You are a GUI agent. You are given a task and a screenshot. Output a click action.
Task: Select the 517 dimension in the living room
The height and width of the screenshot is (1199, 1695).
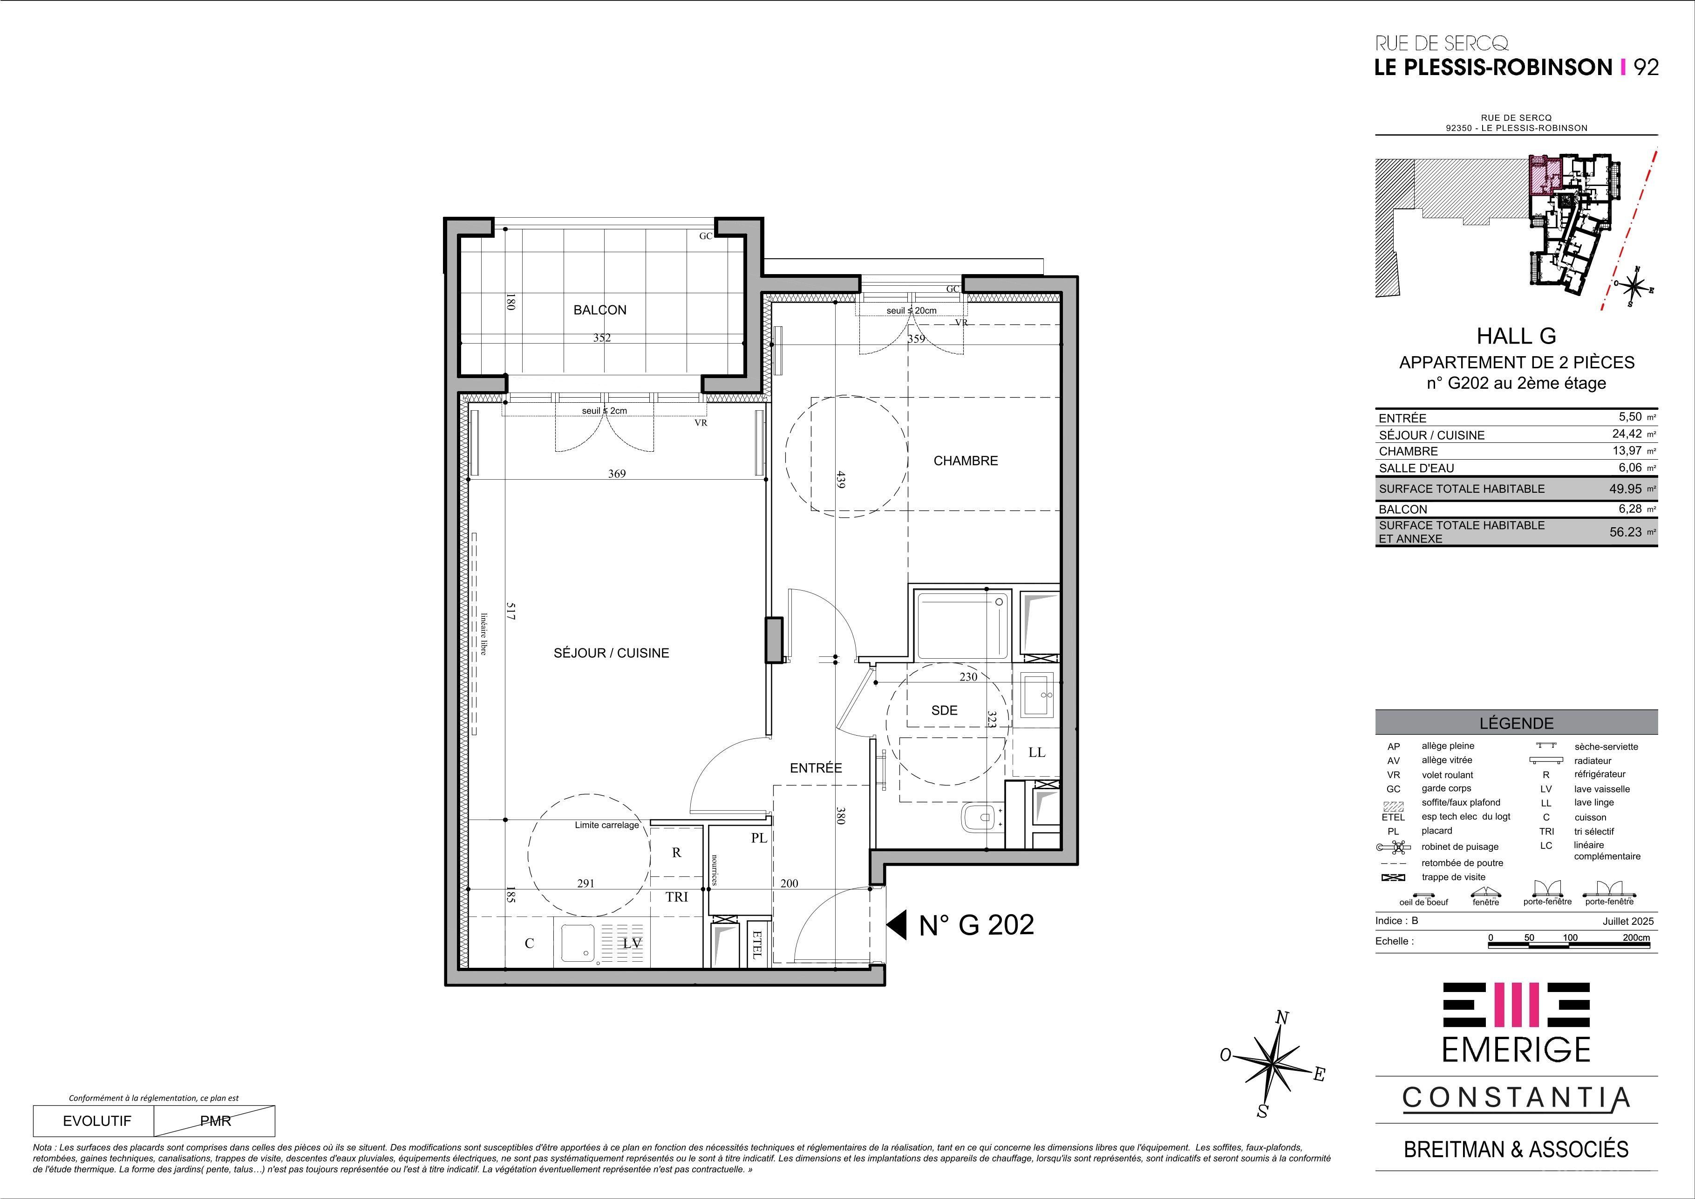[510, 611]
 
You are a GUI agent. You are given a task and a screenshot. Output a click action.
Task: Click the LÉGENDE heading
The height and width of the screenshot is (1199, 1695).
[1516, 723]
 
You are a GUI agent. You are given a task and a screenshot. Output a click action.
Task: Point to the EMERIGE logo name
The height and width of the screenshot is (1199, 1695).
[1516, 1050]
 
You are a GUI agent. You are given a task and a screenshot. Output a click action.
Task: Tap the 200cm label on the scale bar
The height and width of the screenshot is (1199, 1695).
[1635, 937]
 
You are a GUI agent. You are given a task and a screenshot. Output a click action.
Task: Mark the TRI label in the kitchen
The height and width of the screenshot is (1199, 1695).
[676, 897]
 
